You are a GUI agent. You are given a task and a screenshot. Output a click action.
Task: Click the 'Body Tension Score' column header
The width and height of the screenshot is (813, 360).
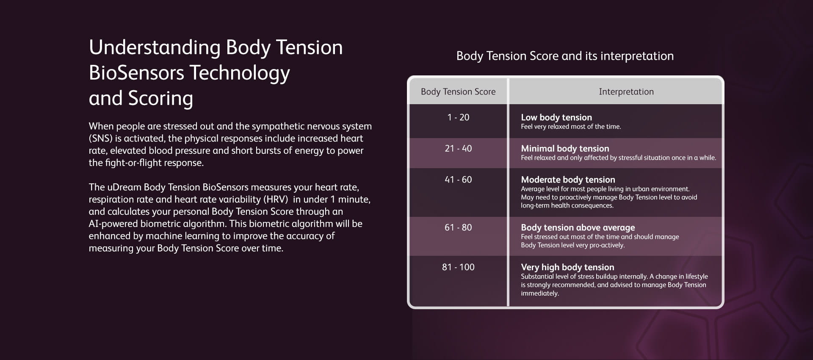(x=458, y=91)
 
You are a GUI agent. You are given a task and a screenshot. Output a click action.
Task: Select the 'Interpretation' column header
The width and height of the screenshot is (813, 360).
(x=626, y=91)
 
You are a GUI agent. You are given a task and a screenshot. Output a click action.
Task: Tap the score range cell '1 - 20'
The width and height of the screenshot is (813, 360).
(x=458, y=117)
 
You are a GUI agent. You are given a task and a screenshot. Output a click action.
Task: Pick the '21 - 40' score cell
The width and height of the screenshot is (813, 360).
(x=458, y=149)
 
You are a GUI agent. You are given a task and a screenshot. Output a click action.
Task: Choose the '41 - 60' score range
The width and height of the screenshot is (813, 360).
(x=458, y=180)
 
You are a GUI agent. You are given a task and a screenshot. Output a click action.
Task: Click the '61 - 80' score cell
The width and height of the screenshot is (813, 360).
(x=458, y=227)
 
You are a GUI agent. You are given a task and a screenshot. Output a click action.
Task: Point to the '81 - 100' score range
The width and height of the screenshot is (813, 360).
(x=458, y=267)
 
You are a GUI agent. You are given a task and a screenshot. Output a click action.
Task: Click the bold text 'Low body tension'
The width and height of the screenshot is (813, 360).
(x=556, y=117)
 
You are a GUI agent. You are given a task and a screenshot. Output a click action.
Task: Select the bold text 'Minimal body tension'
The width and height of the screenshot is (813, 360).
(x=565, y=149)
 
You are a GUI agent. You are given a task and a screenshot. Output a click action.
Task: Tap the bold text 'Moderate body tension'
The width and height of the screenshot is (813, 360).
(x=568, y=180)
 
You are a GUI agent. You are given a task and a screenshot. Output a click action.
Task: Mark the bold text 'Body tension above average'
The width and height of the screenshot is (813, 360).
(x=578, y=227)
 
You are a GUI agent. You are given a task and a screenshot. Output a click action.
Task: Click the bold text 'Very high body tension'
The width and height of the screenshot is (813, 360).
(x=567, y=267)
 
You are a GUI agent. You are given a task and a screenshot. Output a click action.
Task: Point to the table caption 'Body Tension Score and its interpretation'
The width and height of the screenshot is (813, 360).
(x=565, y=56)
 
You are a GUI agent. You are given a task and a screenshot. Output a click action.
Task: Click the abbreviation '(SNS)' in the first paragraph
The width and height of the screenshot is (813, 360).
(x=100, y=138)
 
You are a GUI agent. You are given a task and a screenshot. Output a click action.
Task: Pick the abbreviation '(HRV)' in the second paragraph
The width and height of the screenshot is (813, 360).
(x=276, y=199)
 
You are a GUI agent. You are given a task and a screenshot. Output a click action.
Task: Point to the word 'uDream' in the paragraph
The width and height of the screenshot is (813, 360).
(x=124, y=187)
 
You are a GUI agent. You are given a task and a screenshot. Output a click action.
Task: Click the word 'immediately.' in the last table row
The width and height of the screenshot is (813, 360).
(x=540, y=293)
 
